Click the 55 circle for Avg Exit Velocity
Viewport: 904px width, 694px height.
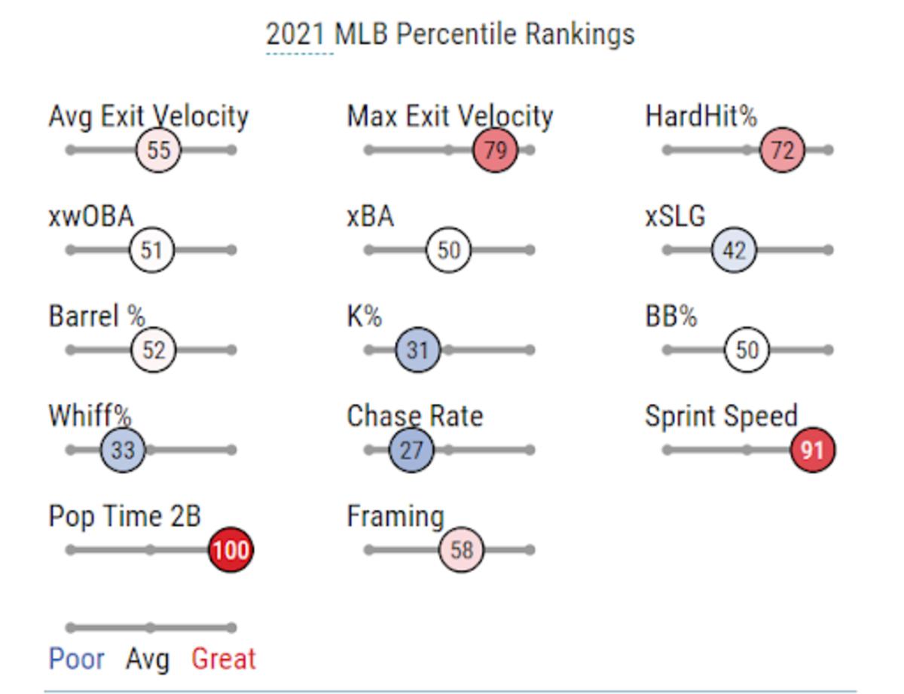click(x=158, y=150)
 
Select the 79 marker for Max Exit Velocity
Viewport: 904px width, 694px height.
click(x=495, y=150)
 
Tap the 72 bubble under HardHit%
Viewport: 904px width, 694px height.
click(x=782, y=150)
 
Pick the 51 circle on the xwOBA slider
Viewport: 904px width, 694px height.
click(x=151, y=250)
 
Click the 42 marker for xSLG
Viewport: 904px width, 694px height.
click(x=734, y=250)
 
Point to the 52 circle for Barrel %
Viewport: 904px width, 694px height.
click(x=154, y=350)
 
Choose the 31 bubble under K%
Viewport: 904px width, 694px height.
click(x=417, y=350)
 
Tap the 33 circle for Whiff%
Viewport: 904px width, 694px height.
click(x=122, y=451)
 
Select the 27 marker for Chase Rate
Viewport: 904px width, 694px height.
click(x=411, y=451)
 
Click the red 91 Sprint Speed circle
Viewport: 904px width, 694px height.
click(x=812, y=451)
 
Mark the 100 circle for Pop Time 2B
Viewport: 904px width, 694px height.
click(x=230, y=550)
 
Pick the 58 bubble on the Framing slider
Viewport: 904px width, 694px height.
click(x=461, y=550)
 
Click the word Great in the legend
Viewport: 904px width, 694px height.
click(x=224, y=659)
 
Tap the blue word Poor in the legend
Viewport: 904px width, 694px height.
click(x=76, y=659)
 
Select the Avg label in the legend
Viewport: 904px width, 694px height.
click(x=148, y=659)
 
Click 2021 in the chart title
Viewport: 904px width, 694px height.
click(x=296, y=35)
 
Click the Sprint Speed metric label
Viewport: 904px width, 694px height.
click(x=721, y=416)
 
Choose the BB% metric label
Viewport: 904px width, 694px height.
click(x=670, y=316)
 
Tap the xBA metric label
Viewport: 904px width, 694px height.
click(x=370, y=216)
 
